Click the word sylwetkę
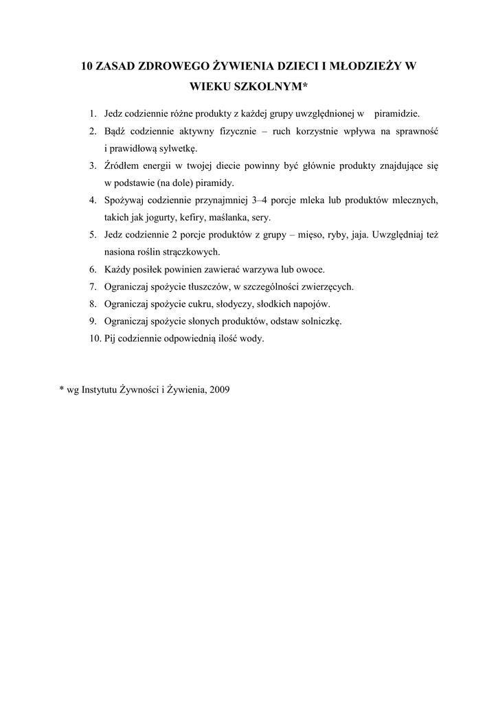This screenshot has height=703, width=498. click(x=179, y=148)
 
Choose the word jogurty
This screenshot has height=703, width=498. click(x=159, y=218)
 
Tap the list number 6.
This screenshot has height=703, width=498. click(x=93, y=269)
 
